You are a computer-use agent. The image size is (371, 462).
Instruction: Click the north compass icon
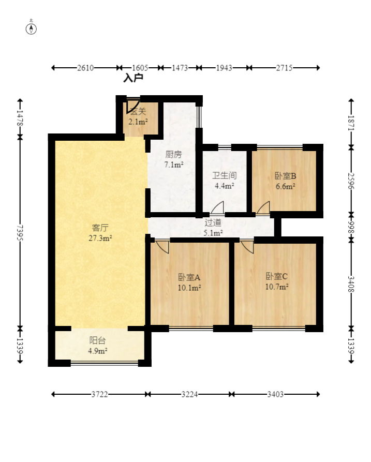(x=31, y=28)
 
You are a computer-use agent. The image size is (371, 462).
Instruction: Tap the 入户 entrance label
(x=133, y=78)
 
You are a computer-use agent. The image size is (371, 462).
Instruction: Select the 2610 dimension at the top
(x=85, y=68)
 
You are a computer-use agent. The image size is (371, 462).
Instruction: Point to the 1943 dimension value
(x=224, y=68)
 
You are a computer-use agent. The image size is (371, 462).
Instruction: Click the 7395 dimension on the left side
(x=20, y=232)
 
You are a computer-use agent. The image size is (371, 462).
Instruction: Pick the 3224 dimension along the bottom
(x=189, y=394)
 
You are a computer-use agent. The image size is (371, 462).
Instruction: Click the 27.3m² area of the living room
(x=100, y=238)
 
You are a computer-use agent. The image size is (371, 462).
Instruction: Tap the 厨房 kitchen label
(x=173, y=154)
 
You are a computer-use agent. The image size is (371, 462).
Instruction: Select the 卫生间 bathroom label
(x=225, y=175)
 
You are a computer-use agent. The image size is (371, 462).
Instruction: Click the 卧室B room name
(x=285, y=176)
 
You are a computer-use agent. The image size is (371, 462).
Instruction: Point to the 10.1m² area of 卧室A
(x=189, y=288)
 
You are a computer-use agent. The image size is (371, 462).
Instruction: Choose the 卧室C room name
(x=276, y=276)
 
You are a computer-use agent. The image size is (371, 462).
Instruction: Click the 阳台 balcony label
(x=98, y=340)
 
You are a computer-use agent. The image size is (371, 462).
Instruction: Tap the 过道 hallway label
(x=213, y=222)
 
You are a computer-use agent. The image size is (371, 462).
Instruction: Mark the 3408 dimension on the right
(x=351, y=284)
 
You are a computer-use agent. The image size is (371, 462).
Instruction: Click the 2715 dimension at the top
(x=284, y=68)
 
